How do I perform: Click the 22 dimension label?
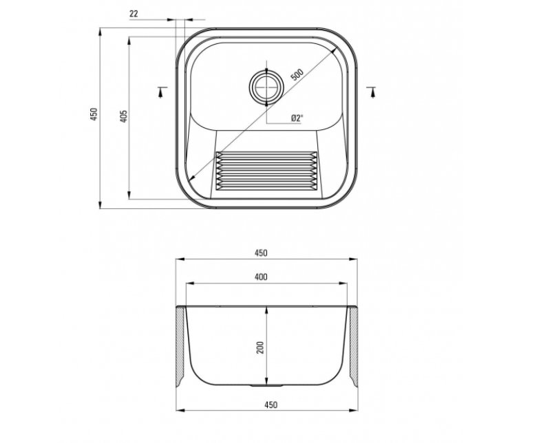pos(134,14)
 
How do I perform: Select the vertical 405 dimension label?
pos(124,116)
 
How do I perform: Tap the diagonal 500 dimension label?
pos(297,75)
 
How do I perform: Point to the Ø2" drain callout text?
pos(297,118)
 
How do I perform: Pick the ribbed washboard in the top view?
pos(266,171)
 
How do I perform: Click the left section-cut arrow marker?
pos(162,91)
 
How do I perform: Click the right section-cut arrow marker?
pos(372,91)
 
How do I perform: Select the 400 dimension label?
pos(261,277)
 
